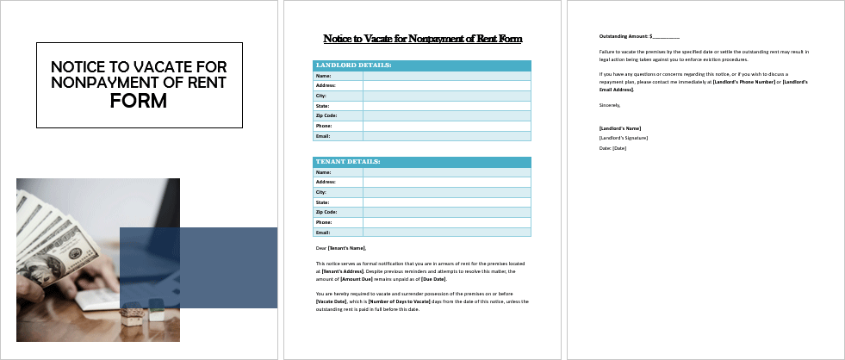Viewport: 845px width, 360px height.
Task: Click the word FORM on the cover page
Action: (139, 101)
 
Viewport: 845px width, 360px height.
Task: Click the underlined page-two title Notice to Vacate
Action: (422, 39)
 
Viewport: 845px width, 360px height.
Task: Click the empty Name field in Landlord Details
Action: (446, 76)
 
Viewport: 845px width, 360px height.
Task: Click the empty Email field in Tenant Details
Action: (446, 233)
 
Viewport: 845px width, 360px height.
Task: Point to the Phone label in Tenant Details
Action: (324, 222)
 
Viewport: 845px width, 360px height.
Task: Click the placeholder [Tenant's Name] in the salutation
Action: (346, 248)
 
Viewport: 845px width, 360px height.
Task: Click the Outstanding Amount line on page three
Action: (639, 36)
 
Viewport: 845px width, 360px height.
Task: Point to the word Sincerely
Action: (609, 105)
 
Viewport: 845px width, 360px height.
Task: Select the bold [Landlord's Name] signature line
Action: (619, 127)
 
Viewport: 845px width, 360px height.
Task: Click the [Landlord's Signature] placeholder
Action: (623, 138)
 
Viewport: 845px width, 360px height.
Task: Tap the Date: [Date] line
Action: (612, 148)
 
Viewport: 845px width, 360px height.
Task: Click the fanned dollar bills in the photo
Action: (52, 224)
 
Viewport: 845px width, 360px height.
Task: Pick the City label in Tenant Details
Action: (322, 192)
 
